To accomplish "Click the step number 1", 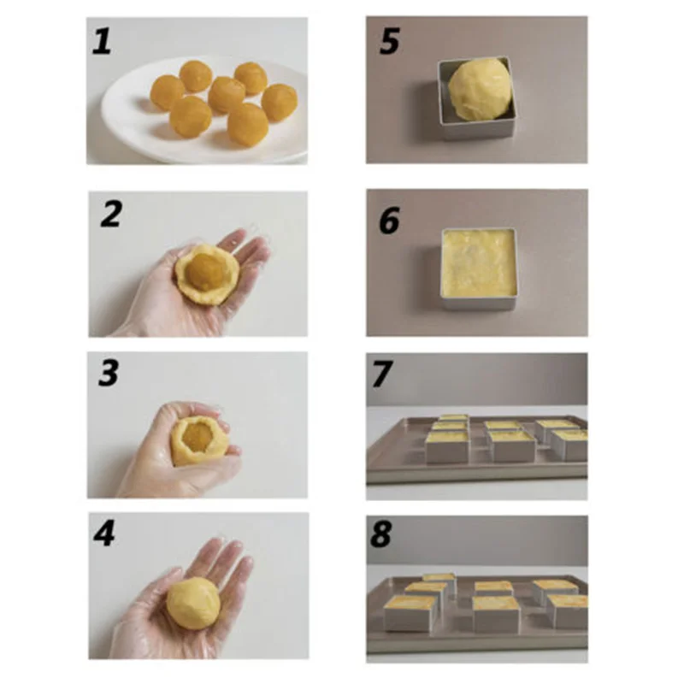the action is click(x=102, y=40).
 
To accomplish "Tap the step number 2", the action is click(x=110, y=215).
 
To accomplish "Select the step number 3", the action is click(x=109, y=373).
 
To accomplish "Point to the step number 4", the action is click(x=104, y=533).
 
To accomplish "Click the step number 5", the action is click(x=389, y=41).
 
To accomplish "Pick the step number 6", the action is click(x=389, y=221).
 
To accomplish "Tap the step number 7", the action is click(x=382, y=374).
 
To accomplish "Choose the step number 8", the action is click(x=381, y=534).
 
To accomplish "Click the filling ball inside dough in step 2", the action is click(x=205, y=272).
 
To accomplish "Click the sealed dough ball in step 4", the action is click(x=193, y=604).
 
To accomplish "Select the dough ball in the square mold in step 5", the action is click(x=480, y=89).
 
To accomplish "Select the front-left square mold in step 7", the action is click(x=447, y=447).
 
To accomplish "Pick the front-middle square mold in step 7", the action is click(x=512, y=445).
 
